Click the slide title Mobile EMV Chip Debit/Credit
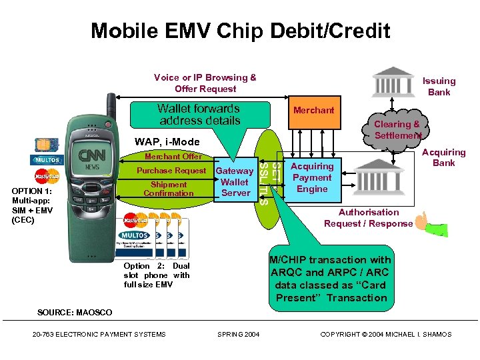[240, 31]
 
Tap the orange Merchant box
[313, 110]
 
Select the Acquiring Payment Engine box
[312, 178]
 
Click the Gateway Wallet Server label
[235, 182]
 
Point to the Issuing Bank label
[439, 87]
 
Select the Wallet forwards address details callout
[199, 115]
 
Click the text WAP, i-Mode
[167, 142]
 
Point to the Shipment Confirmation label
[169, 189]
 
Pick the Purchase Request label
[171, 171]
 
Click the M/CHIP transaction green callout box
[331, 279]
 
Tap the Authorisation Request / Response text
[368, 218]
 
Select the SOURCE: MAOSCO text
[75, 313]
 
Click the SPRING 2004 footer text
[239, 334]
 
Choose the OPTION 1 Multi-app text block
[32, 205]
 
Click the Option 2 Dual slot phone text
[157, 275]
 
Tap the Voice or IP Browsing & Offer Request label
[205, 83]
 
